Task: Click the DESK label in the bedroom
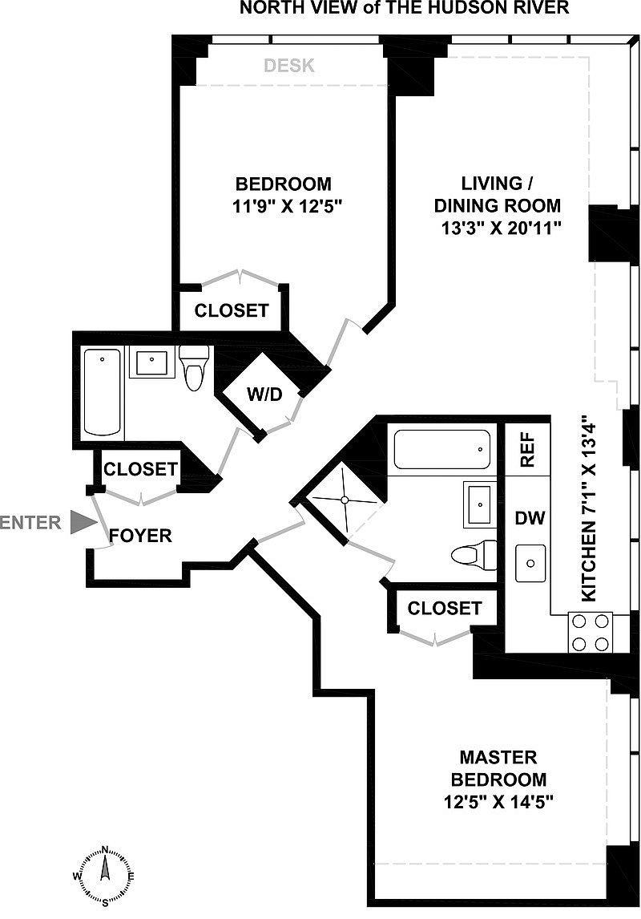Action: pyautogui.click(x=289, y=66)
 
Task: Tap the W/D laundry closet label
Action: pyautogui.click(x=264, y=395)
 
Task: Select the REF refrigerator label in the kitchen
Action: pyautogui.click(x=527, y=450)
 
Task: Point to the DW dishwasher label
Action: pyautogui.click(x=530, y=517)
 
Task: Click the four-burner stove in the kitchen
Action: pyautogui.click(x=590, y=632)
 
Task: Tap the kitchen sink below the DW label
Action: pyautogui.click(x=530, y=563)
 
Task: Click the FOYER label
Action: pyautogui.click(x=140, y=536)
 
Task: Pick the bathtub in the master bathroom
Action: pyautogui.click(x=442, y=450)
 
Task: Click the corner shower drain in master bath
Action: pyautogui.click(x=345, y=500)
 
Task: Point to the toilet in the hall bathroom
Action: pyautogui.click(x=194, y=367)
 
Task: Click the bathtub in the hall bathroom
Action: pyautogui.click(x=103, y=392)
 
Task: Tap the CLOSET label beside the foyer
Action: pyautogui.click(x=140, y=469)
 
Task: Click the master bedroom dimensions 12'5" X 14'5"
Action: pyautogui.click(x=498, y=801)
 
